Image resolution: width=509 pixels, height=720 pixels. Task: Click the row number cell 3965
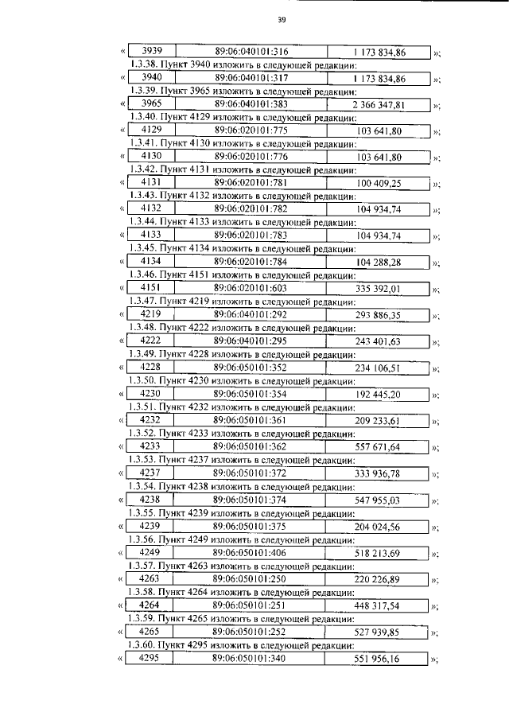(x=150, y=104)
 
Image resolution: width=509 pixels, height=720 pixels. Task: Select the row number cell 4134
(x=150, y=262)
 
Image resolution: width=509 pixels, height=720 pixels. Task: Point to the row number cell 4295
(x=150, y=658)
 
